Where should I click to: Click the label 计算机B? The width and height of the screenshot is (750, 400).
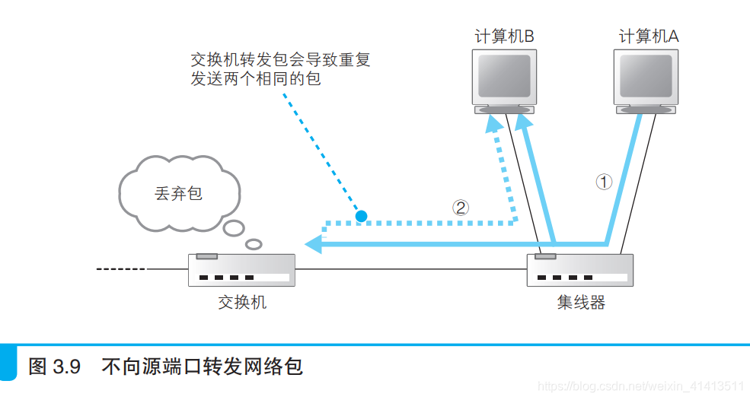(x=504, y=37)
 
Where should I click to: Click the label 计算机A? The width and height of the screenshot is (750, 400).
(x=648, y=37)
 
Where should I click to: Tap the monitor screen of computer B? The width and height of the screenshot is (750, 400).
(x=504, y=75)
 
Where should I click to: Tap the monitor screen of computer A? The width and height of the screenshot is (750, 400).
(x=646, y=75)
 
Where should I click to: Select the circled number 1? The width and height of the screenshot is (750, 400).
(x=603, y=182)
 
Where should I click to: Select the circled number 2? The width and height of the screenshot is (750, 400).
(x=461, y=207)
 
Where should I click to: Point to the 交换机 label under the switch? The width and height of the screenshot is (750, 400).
(x=242, y=302)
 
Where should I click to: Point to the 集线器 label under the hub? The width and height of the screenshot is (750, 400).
(x=581, y=302)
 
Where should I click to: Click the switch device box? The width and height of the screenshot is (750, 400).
(x=242, y=269)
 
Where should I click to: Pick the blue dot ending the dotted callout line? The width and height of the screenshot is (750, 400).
(x=361, y=216)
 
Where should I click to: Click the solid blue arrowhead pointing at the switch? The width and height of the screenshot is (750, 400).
(x=313, y=244)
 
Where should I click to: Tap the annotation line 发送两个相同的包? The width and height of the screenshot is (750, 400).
(x=256, y=78)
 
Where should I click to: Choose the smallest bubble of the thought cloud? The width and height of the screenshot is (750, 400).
(x=254, y=243)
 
